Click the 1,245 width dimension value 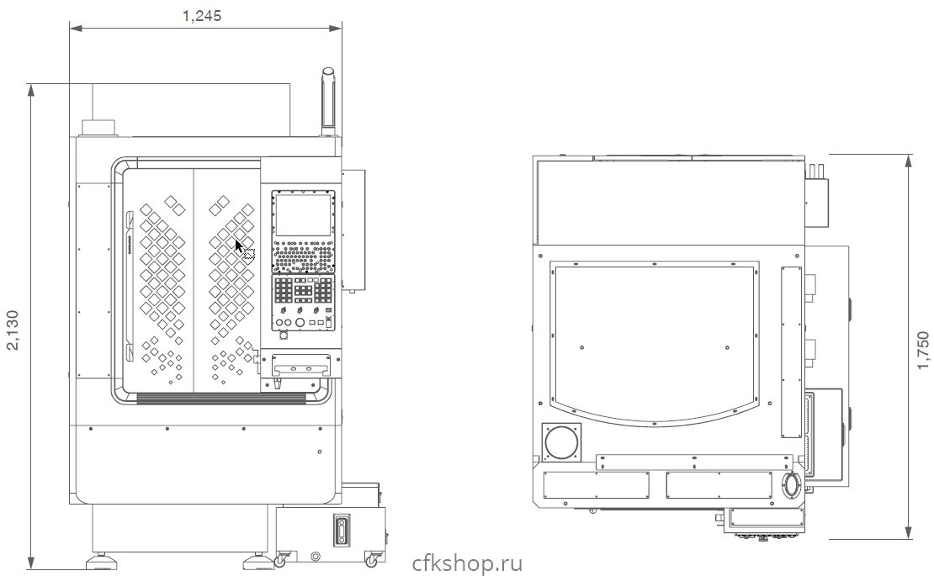(x=202, y=16)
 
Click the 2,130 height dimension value (x=13, y=330)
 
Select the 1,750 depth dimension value (x=923, y=350)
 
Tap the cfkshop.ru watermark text (x=467, y=563)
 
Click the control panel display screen (x=303, y=214)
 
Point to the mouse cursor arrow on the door (x=240, y=246)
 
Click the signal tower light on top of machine (x=328, y=101)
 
